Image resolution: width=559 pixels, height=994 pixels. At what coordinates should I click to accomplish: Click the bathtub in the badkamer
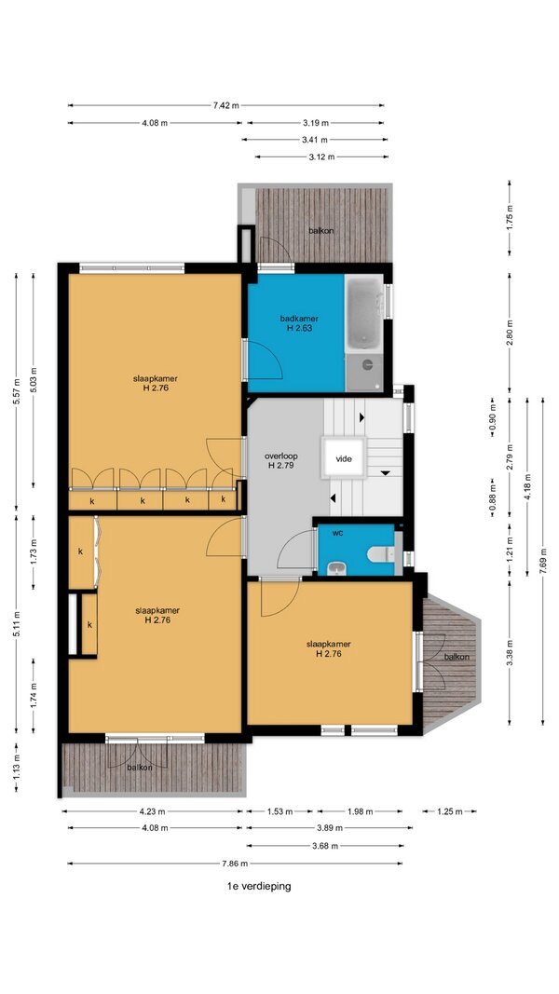[364, 312]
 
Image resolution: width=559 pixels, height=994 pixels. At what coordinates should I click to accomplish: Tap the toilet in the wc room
[380, 554]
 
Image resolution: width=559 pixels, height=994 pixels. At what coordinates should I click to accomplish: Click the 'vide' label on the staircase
[344, 459]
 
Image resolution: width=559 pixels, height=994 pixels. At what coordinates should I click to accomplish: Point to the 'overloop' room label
[280, 456]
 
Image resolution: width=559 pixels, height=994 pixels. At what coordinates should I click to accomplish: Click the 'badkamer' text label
[299, 319]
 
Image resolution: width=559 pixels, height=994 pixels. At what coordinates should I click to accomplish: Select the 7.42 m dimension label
[226, 105]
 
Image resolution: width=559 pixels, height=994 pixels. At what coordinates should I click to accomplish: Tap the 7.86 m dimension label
[235, 863]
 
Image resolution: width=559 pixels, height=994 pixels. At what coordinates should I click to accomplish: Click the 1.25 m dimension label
[449, 810]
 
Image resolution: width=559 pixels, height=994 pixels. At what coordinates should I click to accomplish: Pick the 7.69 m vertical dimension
[542, 561]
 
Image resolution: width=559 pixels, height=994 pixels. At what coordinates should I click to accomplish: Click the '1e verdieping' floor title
[259, 886]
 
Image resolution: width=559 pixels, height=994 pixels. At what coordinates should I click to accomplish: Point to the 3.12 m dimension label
[321, 157]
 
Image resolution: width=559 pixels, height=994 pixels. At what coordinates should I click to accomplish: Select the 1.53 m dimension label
[279, 810]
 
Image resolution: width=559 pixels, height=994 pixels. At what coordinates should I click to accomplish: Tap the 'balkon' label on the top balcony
[321, 231]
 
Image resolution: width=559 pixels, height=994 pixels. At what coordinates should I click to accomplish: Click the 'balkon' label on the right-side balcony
[457, 657]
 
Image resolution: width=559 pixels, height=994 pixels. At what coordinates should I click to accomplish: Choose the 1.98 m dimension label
[360, 810]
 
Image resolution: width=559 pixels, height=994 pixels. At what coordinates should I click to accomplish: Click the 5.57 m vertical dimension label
[18, 390]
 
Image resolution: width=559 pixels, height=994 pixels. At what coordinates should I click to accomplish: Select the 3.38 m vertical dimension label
[510, 652]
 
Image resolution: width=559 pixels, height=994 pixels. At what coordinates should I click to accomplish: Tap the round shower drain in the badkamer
[367, 364]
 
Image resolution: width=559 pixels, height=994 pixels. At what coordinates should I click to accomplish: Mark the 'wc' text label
[338, 533]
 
